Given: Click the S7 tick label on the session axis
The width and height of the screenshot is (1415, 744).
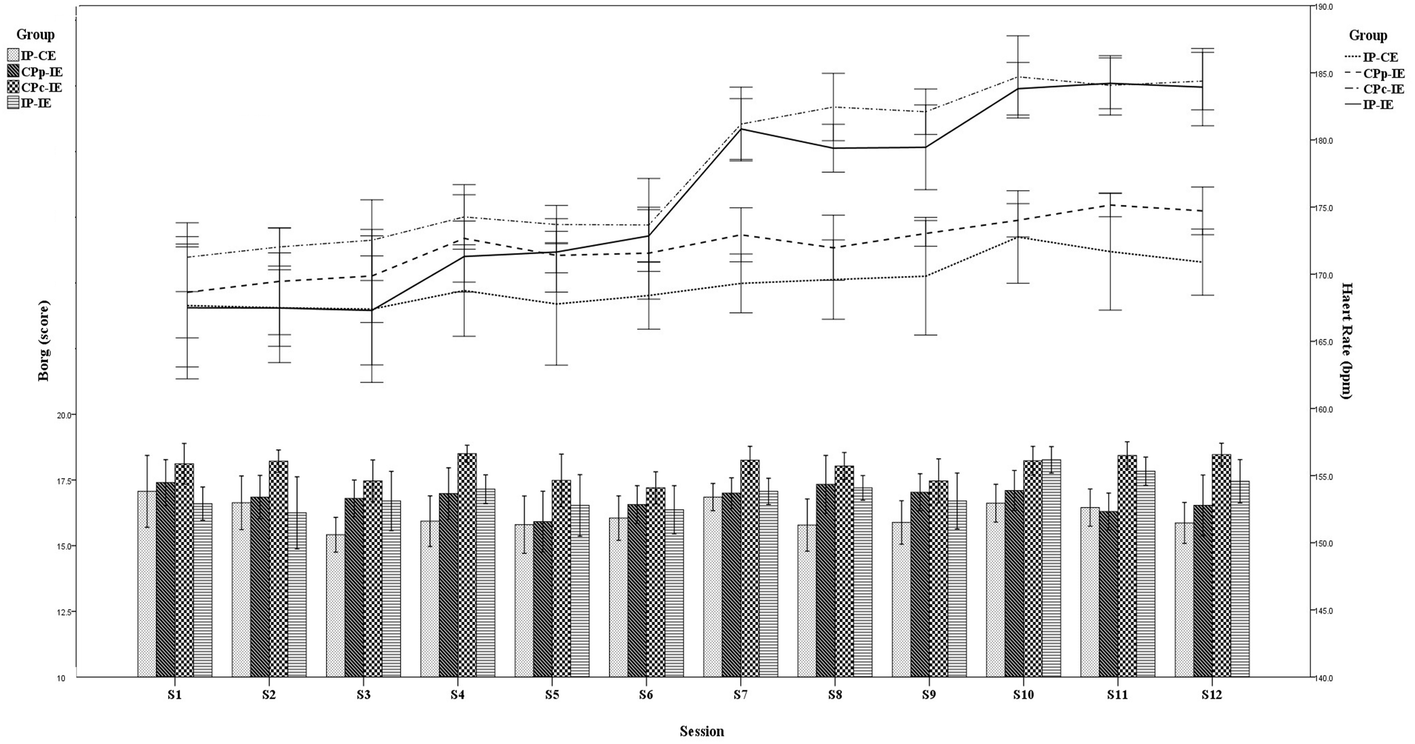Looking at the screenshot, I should [x=740, y=695].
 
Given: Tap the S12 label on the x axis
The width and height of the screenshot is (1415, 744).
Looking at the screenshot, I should [x=1212, y=695].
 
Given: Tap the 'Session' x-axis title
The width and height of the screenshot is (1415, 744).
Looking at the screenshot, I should [x=702, y=732].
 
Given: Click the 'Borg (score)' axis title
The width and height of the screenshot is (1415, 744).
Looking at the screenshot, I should [x=44, y=341].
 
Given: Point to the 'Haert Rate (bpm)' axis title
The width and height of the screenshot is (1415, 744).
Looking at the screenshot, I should [x=1345, y=341].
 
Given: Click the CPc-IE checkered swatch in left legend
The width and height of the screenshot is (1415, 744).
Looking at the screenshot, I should [x=13, y=87].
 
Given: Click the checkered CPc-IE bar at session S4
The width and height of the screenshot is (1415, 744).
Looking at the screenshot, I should [x=467, y=566].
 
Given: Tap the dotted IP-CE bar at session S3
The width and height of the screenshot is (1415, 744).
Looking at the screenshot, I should [x=335, y=605].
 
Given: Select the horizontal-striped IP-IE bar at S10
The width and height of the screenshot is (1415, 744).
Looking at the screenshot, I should [x=1052, y=569].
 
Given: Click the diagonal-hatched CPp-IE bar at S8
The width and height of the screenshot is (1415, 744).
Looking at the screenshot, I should [x=825, y=580].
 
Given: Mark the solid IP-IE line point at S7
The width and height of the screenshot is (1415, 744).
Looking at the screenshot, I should [x=740, y=129].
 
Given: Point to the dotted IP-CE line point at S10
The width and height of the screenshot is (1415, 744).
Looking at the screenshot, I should [x=1023, y=237].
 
